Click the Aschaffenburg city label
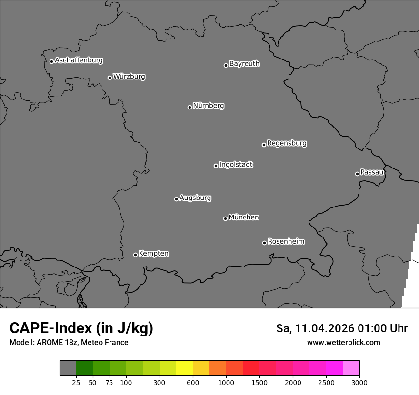click(79, 60)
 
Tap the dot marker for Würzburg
click(110, 78)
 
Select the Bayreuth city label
click(244, 64)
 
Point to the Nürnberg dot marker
click(190, 107)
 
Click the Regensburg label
click(287, 143)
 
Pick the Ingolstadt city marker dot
click(216, 166)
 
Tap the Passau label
click(372, 172)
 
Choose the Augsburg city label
click(195, 198)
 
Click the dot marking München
click(225, 218)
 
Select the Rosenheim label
click(286, 242)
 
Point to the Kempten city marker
click(135, 255)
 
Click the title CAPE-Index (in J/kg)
click(81, 328)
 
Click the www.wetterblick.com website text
click(343, 342)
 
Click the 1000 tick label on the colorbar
click(226, 382)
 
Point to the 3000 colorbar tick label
click(359, 382)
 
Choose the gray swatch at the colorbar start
click(68, 368)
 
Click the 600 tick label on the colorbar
click(193, 382)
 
